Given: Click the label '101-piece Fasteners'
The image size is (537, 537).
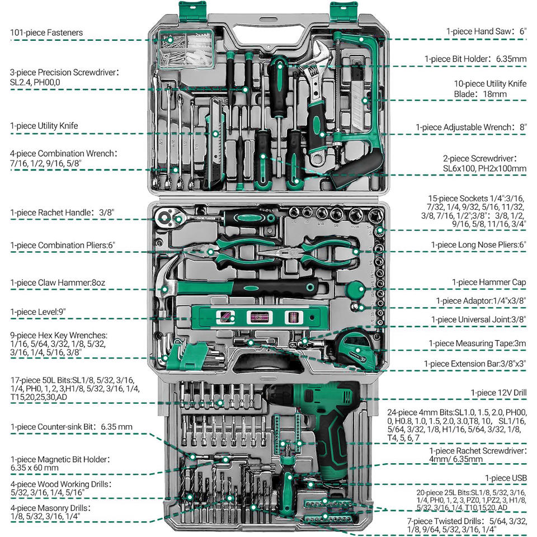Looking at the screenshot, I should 46,33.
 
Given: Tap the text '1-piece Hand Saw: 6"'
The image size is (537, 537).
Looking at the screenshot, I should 486,32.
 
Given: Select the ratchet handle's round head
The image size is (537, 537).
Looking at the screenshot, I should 167,215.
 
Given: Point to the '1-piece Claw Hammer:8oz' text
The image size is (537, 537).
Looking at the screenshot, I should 58,283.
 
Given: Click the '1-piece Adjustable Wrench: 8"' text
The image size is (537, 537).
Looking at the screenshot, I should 471,128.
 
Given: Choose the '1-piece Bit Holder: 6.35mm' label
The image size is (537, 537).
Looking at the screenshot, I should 475,59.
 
